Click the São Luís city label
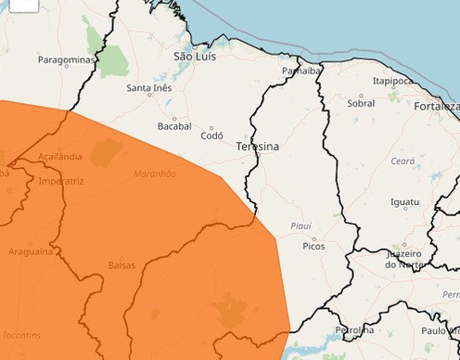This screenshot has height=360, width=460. [196, 57]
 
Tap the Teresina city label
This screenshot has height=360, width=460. [257, 147]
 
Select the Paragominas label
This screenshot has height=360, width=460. [67, 59]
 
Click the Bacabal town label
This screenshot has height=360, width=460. [174, 125]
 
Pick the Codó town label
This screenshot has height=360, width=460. [211, 135]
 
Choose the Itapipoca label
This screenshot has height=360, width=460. [392, 81]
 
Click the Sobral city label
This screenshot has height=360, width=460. [361, 103]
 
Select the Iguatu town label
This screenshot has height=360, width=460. [404, 201]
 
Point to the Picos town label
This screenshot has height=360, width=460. [314, 246]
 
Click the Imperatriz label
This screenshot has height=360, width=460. [60, 181]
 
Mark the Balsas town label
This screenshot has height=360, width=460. [121, 265]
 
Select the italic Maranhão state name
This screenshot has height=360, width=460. [155, 174]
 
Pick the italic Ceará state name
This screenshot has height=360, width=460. [402, 161]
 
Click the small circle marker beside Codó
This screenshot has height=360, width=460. [211, 128]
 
